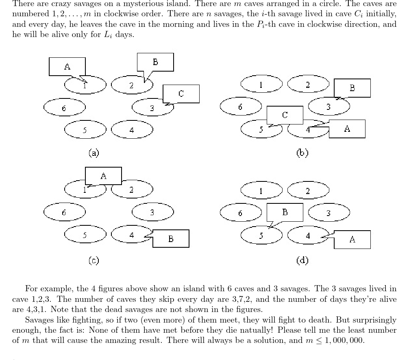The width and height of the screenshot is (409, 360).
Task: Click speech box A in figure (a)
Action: click(67, 67)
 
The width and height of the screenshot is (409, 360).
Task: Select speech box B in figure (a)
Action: click(155, 62)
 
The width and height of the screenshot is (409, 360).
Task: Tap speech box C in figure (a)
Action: click(181, 94)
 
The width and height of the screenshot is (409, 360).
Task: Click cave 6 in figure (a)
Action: click(65, 108)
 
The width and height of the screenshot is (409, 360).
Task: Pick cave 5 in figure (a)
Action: click(85, 130)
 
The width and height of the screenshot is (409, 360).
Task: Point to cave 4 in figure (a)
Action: click(132, 130)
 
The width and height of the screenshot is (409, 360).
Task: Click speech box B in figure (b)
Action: click(352, 88)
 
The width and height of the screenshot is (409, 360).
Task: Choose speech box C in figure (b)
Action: click(285, 115)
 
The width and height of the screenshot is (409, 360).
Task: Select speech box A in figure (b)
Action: click(347, 129)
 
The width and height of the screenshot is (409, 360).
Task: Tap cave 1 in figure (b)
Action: click(261, 85)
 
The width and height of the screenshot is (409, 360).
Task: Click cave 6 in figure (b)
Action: click(240, 107)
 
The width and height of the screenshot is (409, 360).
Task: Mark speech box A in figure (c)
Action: click(103, 176)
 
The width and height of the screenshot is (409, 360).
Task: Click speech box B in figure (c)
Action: click(171, 239)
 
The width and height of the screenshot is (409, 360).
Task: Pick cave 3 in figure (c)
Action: click(152, 212)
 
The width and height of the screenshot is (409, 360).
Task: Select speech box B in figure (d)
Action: click(285, 212)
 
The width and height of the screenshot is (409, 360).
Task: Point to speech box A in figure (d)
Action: click(352, 239)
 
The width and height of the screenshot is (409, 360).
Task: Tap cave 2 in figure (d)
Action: click(308, 190)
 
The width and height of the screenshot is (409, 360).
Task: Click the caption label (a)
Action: click(94, 153)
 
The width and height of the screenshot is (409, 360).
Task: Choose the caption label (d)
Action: click(302, 260)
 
